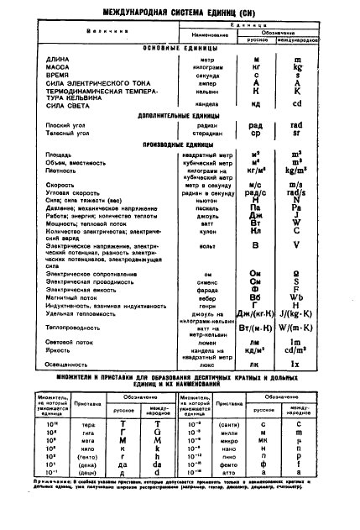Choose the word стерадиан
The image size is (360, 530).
(x=196, y=133)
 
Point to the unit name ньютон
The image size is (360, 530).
(x=196, y=200)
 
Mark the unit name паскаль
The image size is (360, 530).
(x=196, y=208)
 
